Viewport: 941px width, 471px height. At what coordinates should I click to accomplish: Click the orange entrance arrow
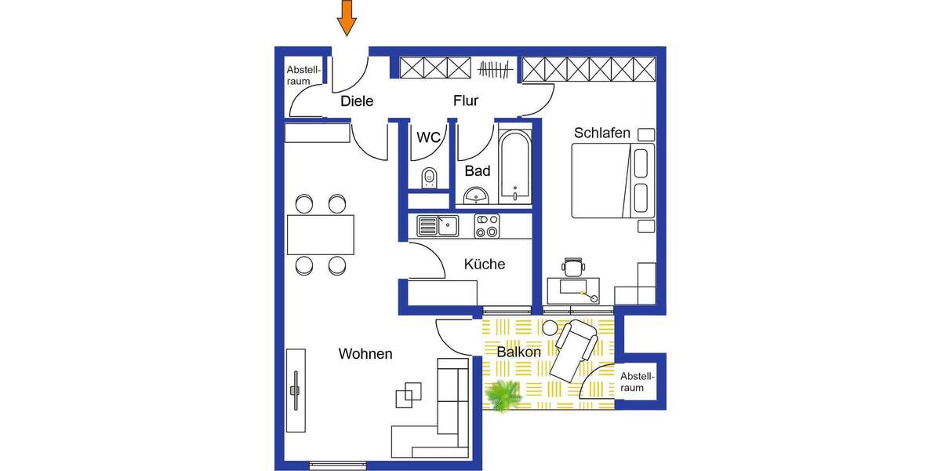pyautogui.click(x=347, y=18)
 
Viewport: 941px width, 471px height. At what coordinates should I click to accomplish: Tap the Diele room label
pyautogui.click(x=357, y=101)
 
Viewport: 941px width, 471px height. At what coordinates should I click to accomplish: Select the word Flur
pyautogui.click(x=466, y=101)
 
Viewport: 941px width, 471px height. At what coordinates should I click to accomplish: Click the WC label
pyautogui.click(x=427, y=137)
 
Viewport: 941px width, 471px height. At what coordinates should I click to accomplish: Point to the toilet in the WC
pyautogui.click(x=428, y=178)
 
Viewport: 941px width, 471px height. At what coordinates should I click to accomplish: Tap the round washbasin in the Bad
pyautogui.click(x=476, y=195)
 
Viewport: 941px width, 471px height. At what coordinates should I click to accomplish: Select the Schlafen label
pyautogui.click(x=602, y=133)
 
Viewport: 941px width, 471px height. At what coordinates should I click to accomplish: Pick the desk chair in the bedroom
pyautogui.click(x=574, y=267)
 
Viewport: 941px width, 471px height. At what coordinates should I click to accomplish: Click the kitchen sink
pyautogui.click(x=437, y=227)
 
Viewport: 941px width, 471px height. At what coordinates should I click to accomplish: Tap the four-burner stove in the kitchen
pyautogui.click(x=487, y=226)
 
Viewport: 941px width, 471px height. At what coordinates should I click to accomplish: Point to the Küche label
pyautogui.click(x=485, y=265)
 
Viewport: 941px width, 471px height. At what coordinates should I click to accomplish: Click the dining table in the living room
pyautogui.click(x=320, y=235)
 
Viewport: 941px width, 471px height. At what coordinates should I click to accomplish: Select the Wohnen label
pyautogui.click(x=365, y=354)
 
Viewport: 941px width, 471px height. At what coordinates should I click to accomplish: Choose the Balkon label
pyautogui.click(x=519, y=352)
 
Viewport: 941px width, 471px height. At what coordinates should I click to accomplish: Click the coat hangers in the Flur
pyautogui.click(x=497, y=71)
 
